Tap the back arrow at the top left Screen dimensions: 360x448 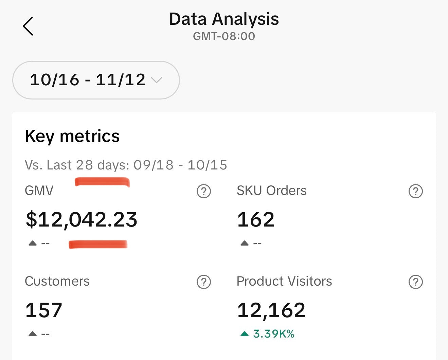coord(28,26)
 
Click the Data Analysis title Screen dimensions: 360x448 coord(224,19)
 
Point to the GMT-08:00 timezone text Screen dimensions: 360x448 coord(224,36)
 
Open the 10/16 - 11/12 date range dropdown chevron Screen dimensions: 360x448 coord(156,80)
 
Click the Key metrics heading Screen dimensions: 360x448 coord(72,136)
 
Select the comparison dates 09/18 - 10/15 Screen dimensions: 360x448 coord(180,165)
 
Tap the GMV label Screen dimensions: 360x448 coord(39,191)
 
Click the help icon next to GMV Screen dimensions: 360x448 coord(204,191)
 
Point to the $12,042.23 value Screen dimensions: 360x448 coord(82,219)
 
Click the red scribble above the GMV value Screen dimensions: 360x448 coord(102,182)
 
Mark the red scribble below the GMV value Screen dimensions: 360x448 coord(98,244)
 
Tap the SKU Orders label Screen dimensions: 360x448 coord(271,191)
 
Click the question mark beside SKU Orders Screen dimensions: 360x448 coord(415,191)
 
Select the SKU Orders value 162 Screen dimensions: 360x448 coord(256,219)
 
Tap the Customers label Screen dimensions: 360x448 coord(57,282)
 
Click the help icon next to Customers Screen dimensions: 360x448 coord(204,282)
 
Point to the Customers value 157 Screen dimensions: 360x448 coord(44,310)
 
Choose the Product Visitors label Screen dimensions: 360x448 coord(284,282)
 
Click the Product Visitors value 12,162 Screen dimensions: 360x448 coord(271,310)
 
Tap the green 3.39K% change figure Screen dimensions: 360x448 coord(273,334)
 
